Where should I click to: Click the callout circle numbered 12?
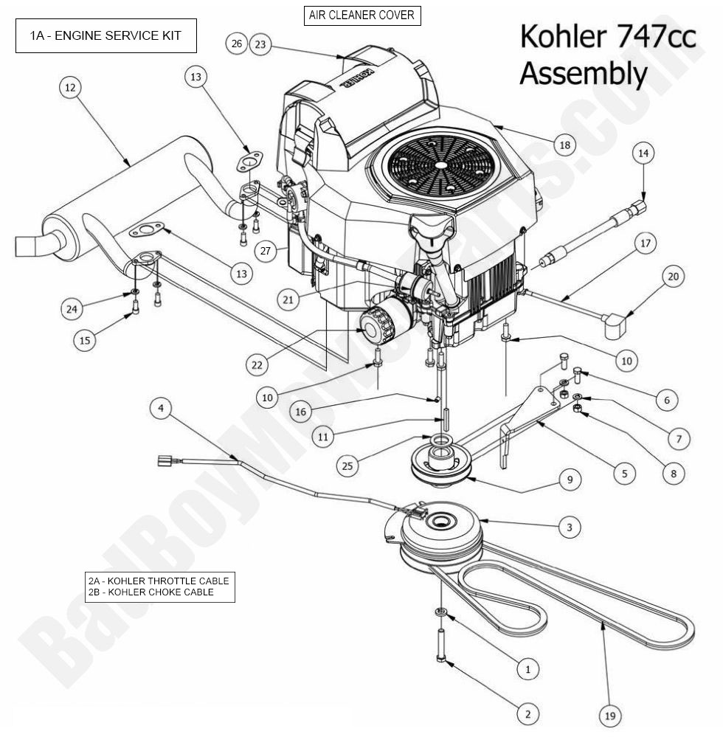(70, 88)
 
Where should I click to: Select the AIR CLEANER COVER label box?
(361, 15)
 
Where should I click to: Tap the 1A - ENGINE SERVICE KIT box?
(106, 35)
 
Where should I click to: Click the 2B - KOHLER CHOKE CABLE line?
(151, 592)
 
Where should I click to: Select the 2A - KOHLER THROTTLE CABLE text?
(158, 581)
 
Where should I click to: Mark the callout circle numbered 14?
(643, 153)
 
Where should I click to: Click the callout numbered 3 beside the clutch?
(569, 527)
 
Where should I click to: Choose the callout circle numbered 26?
(236, 44)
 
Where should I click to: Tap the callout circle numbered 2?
(527, 713)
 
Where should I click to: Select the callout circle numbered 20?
(672, 277)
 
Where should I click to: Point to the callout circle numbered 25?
(349, 465)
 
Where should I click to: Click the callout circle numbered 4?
(162, 408)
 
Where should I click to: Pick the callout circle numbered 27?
(267, 250)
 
